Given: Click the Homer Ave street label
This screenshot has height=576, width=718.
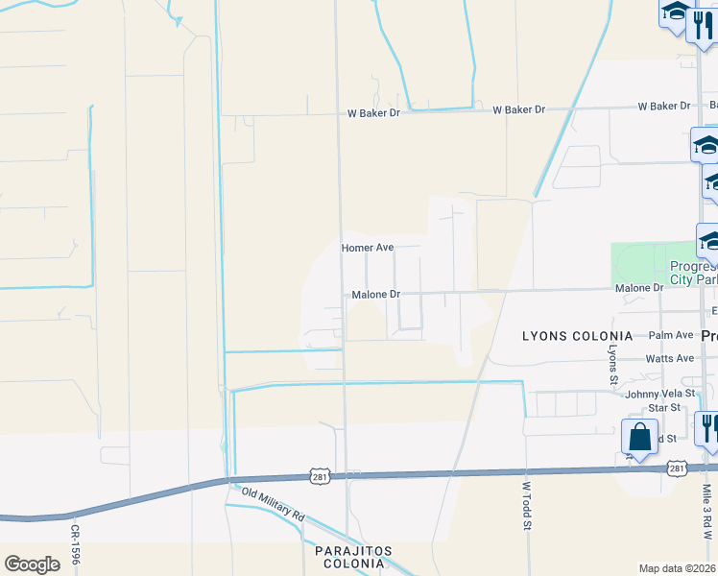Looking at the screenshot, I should [x=368, y=248].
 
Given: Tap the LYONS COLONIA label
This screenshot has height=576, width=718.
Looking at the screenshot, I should [x=577, y=336].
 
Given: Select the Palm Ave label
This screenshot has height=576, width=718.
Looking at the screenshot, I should [x=670, y=335].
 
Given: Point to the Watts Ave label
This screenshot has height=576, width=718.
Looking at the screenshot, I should [x=670, y=358].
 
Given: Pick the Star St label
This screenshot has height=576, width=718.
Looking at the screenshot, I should [x=663, y=408].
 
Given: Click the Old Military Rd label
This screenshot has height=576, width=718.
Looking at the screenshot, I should [x=273, y=505].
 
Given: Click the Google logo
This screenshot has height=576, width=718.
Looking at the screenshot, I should [x=33, y=564].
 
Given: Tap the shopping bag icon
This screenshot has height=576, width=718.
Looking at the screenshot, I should [x=640, y=438].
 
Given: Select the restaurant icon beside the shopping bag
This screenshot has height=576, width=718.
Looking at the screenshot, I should [x=707, y=428].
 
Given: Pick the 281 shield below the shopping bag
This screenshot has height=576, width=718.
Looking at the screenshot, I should [x=678, y=468].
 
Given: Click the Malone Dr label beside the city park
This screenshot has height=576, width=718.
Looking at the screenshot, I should [x=639, y=288].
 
